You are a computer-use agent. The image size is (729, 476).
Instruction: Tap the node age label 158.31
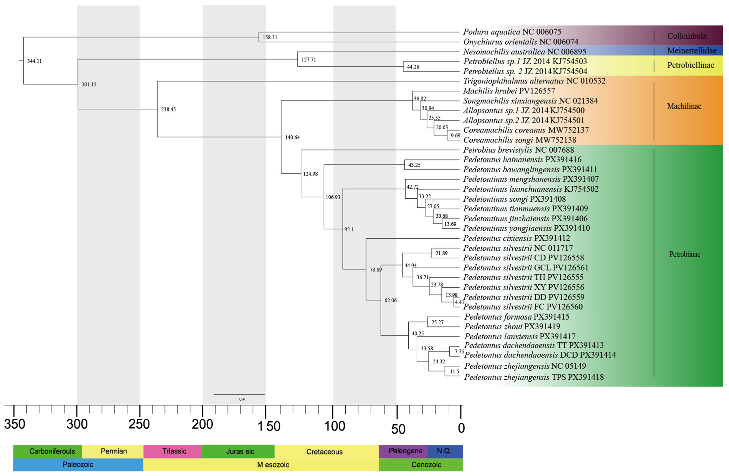click(x=270, y=37)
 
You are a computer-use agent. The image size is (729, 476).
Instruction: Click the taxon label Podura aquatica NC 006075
click(x=512, y=32)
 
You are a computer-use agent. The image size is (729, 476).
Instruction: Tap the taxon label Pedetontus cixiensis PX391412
click(x=516, y=238)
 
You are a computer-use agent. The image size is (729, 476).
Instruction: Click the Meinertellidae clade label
click(x=692, y=50)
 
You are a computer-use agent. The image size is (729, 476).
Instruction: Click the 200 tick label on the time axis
click(x=202, y=425)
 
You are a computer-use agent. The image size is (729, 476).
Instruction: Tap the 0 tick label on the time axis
click(x=461, y=428)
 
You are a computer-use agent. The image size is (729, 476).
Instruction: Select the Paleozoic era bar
click(x=78, y=465)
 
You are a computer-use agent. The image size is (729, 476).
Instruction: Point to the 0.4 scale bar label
click(x=242, y=399)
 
